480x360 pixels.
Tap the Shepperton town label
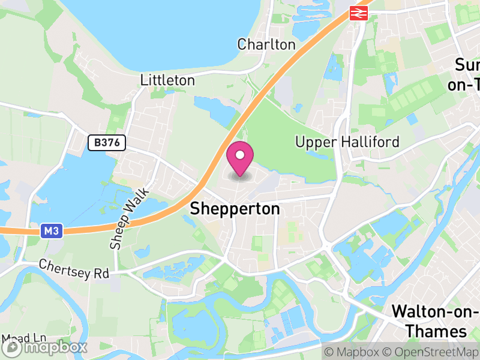[235, 209]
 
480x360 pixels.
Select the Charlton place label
[266, 44]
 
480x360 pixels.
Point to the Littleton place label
[167, 80]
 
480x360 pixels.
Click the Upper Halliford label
[347, 142]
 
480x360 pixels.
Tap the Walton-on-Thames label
[435, 321]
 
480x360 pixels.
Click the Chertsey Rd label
[74, 269]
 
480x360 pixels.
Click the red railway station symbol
[359, 13]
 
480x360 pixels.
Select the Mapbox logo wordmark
[46, 347]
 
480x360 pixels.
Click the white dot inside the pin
[240, 155]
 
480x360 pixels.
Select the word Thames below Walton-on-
[436, 331]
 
